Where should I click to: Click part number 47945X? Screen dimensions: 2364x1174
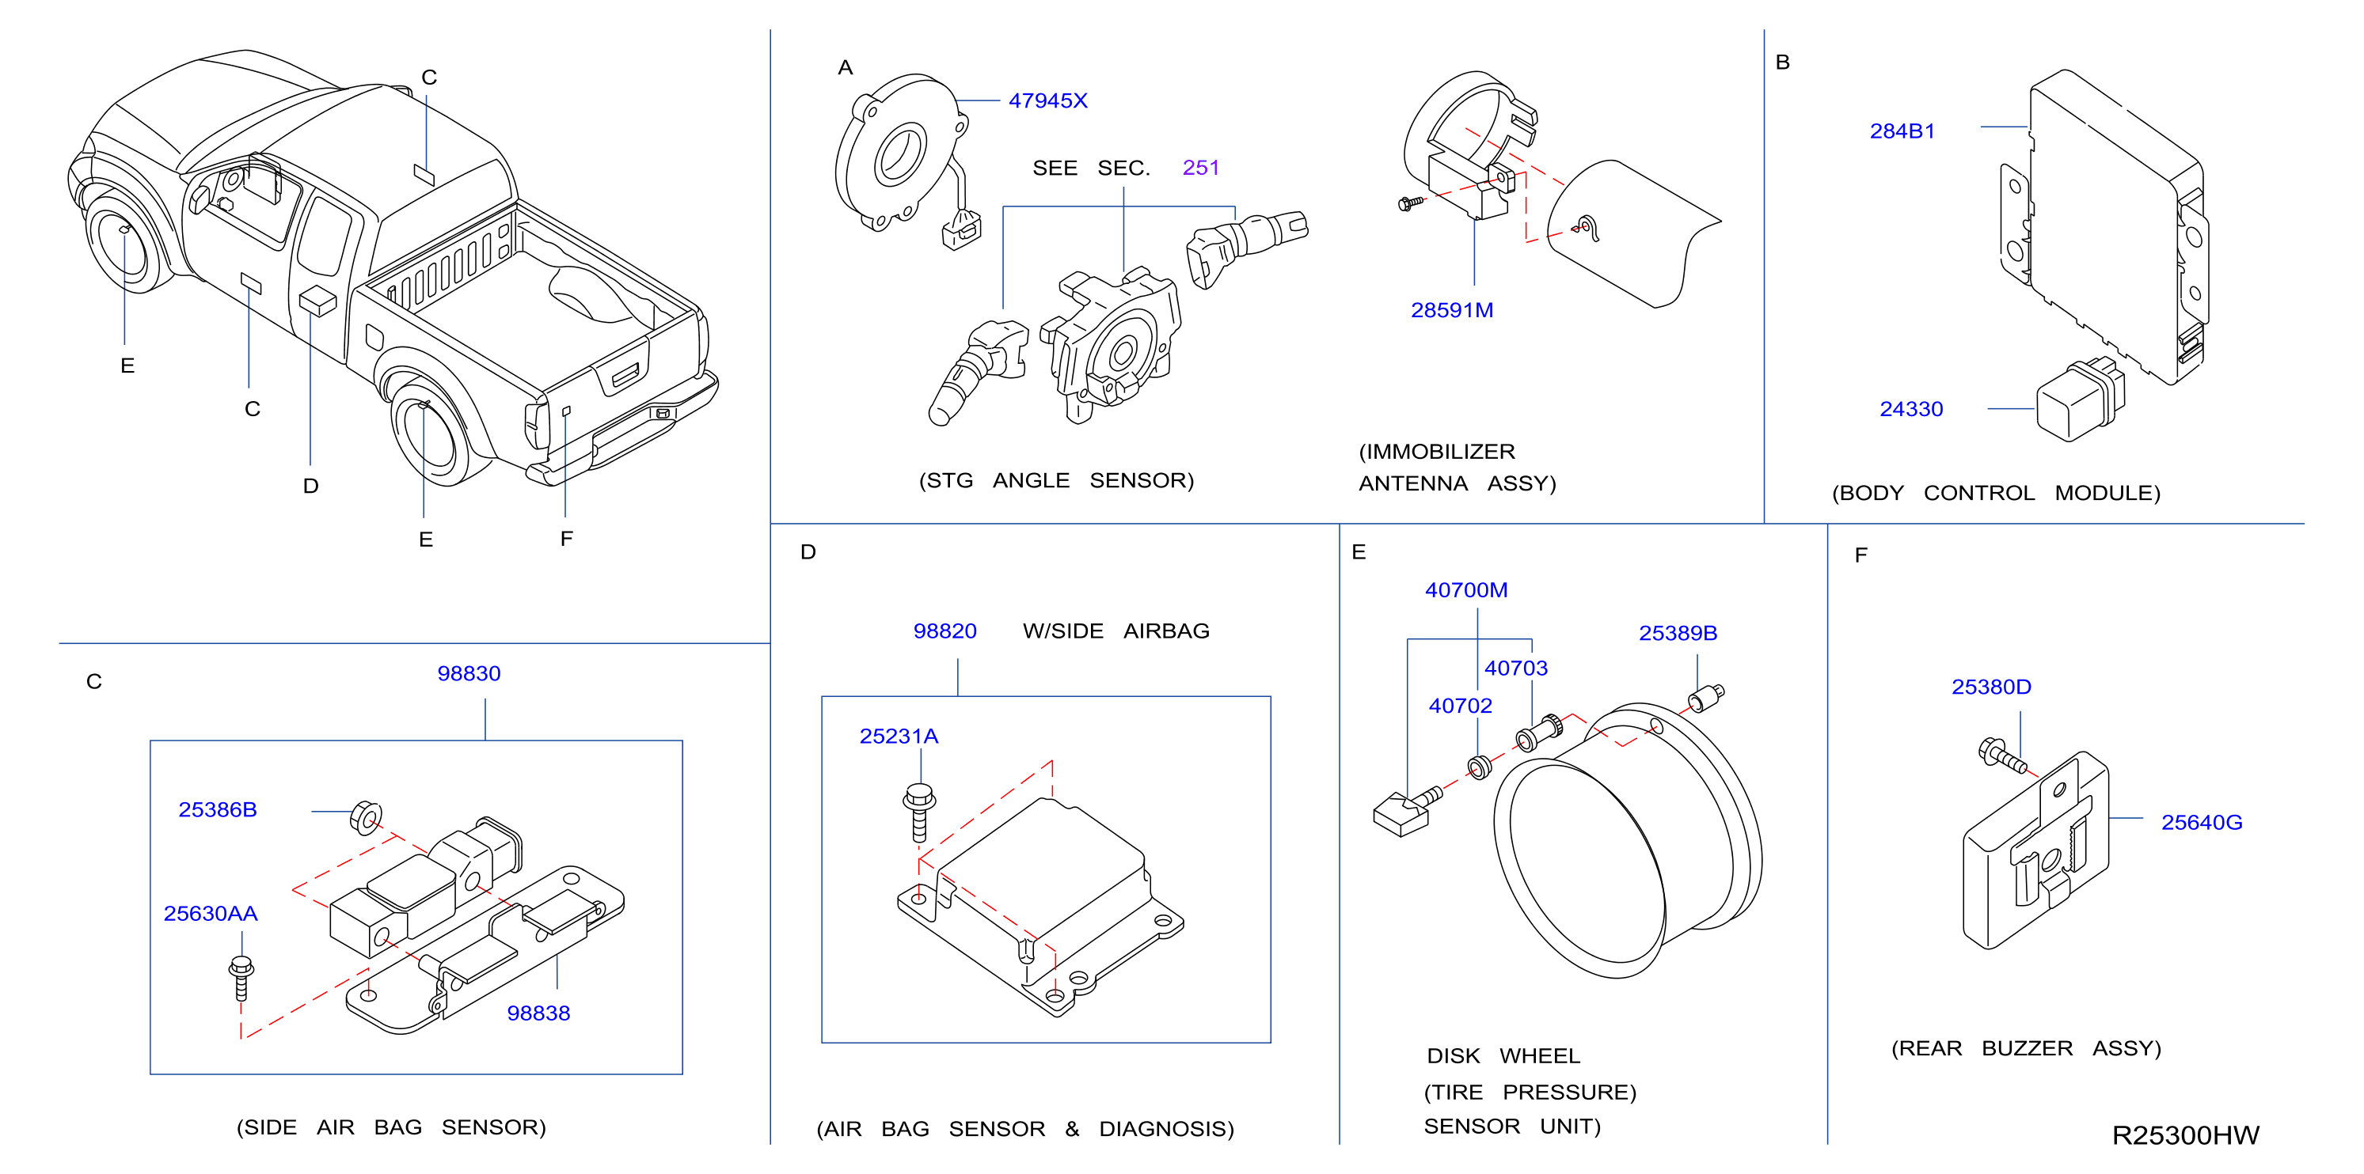pyautogui.click(x=1047, y=101)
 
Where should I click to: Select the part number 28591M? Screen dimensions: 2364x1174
pyautogui.click(x=1452, y=310)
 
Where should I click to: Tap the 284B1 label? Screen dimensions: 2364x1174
pyautogui.click(x=1902, y=131)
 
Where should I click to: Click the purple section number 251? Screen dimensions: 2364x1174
pyautogui.click(x=1200, y=168)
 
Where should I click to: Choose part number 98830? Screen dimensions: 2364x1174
pyautogui.click(x=469, y=673)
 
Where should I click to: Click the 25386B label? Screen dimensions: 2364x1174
pyautogui.click(x=218, y=810)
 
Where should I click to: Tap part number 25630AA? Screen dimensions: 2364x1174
pyautogui.click(x=210, y=914)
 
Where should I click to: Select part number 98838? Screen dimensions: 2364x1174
pyautogui.click(x=538, y=1013)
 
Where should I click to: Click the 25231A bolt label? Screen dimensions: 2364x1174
pyautogui.click(x=899, y=736)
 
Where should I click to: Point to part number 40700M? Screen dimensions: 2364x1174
pyautogui.click(x=1465, y=589)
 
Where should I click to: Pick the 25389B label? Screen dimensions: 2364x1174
pyautogui.click(x=1678, y=633)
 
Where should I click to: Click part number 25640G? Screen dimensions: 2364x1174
pyautogui.click(x=2202, y=822)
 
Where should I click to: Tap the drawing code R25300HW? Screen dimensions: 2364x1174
pyautogui.click(x=2185, y=1134)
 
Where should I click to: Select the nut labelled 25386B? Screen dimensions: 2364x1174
pyautogui.click(x=367, y=816)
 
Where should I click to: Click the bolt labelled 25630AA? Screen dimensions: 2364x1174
pyautogui.click(x=241, y=978)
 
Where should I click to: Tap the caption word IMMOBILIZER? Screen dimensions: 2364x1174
pyautogui.click(x=1436, y=451)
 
